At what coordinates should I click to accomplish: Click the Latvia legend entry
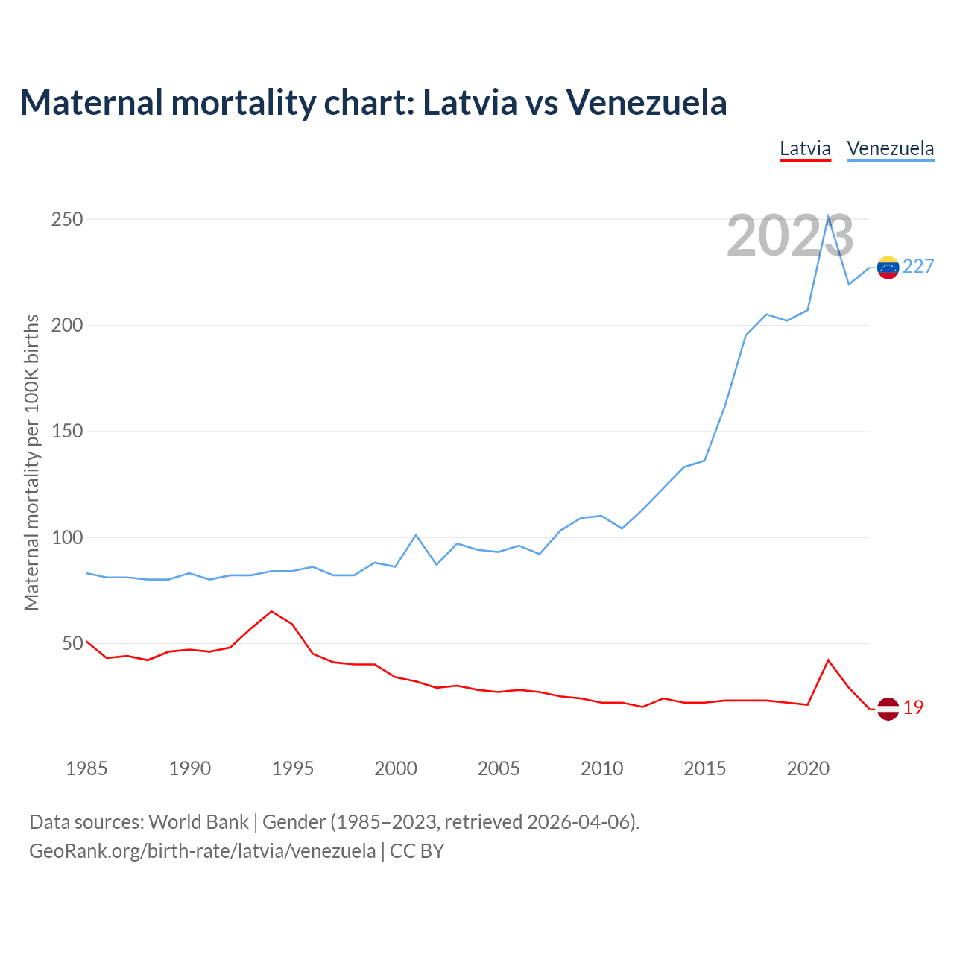805,148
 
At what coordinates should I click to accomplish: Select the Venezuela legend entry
890,148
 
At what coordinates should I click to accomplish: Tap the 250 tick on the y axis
67,220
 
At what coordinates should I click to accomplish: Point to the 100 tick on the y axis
67,537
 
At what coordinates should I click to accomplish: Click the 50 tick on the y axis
72,643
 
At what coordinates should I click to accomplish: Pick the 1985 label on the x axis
86,768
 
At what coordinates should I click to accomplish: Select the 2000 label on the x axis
396,768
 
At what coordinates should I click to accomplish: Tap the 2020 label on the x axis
808,768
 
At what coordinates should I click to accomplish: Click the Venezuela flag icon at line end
888,267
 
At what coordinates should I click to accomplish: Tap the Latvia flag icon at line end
888,708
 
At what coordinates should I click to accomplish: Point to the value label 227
918,267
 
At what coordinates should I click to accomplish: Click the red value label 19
913,708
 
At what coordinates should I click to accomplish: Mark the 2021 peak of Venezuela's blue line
828,217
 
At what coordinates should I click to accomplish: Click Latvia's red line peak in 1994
271,611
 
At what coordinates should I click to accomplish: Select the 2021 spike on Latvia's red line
828,660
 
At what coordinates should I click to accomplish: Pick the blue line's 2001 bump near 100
416,535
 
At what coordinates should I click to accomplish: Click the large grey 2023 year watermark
790,236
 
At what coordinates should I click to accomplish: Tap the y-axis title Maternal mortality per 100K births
31,462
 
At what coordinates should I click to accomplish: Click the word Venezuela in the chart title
646,102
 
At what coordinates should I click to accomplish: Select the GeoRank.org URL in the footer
202,851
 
